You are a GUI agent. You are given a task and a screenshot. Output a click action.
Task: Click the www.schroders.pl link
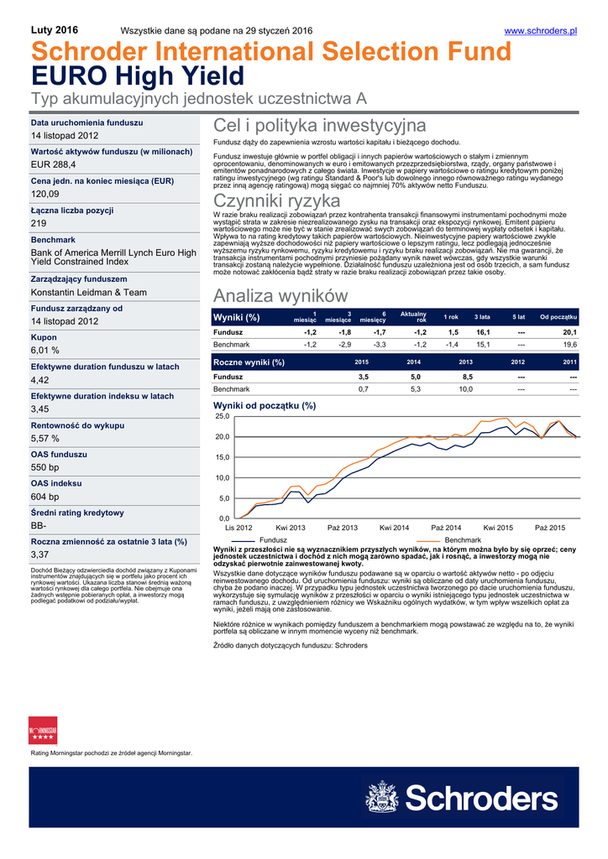541,31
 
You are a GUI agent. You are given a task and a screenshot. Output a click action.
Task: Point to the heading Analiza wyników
280,295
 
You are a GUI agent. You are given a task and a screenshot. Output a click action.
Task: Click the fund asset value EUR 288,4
53,164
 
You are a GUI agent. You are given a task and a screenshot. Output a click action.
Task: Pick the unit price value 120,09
45,194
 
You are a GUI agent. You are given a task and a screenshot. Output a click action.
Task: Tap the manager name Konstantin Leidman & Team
89,293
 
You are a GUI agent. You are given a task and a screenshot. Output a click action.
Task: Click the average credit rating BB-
39,525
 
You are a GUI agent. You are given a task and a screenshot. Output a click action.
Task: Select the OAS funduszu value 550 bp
45,467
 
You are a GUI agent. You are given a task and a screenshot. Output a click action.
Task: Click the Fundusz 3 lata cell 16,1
483,332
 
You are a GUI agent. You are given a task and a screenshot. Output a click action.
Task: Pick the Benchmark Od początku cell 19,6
569,345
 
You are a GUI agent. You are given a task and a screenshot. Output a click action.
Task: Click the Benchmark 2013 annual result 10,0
465,389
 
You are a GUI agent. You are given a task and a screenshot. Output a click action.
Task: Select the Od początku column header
558,317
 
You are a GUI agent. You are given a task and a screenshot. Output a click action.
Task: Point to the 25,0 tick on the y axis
223,417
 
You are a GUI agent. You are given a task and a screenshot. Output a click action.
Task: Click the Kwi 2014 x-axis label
395,528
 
